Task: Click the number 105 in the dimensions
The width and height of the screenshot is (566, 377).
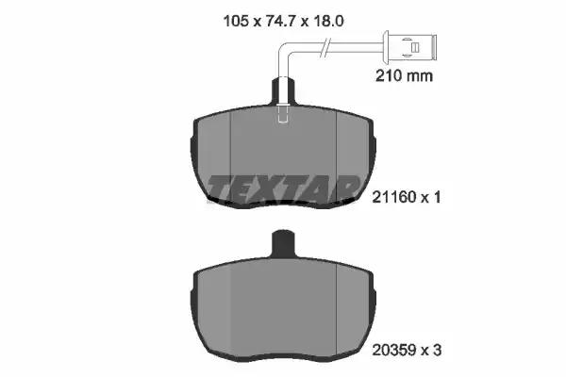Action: pyautogui.click(x=237, y=21)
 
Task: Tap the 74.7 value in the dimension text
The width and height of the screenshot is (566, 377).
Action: pyautogui.click(x=280, y=21)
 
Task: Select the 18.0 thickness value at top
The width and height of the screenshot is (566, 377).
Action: pyautogui.click(x=328, y=21)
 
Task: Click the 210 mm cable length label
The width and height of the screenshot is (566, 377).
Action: pyautogui.click(x=404, y=75)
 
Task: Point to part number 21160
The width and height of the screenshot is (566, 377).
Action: pyautogui.click(x=394, y=197)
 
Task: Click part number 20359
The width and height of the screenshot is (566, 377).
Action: pyautogui.click(x=394, y=351)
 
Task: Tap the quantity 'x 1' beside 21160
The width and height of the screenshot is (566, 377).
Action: pyautogui.click(x=431, y=197)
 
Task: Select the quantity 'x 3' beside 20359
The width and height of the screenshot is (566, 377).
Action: pyautogui.click(x=432, y=351)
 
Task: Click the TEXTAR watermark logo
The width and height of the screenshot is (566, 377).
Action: pyautogui.click(x=283, y=188)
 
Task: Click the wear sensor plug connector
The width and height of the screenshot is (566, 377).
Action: pyautogui.click(x=409, y=46)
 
